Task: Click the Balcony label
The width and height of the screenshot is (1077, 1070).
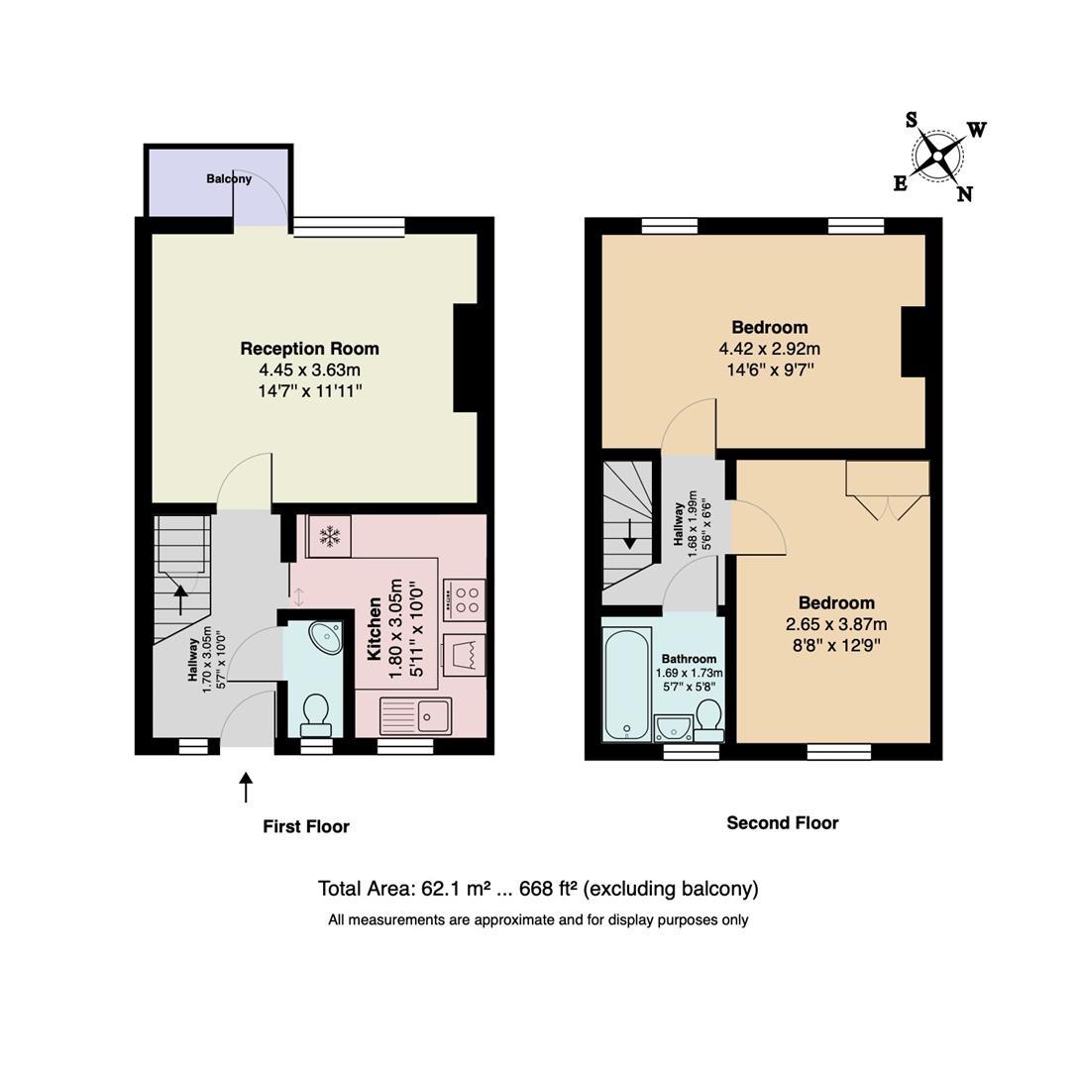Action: [229, 178]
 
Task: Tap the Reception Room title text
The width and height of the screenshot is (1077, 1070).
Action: [310, 348]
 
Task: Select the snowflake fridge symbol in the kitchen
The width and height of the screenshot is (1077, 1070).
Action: [330, 536]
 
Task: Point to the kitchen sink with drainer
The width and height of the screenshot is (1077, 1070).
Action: [415, 715]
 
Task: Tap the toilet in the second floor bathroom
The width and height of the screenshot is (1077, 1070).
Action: [708, 720]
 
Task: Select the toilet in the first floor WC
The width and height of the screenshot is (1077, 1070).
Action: [317, 715]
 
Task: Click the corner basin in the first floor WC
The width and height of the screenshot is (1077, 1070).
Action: [325, 638]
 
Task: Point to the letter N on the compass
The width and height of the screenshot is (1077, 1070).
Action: [965, 194]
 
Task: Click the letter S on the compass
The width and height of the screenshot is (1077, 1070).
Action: [912, 120]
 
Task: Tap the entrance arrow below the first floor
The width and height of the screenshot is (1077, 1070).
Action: [245, 787]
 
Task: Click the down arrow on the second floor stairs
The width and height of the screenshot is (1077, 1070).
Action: [629, 534]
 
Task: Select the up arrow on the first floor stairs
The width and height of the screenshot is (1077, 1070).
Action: [180, 598]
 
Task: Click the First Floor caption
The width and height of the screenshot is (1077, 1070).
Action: [306, 826]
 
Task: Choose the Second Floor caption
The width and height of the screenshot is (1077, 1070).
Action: [783, 822]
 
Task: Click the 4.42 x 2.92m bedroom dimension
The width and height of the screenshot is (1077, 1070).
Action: [769, 349]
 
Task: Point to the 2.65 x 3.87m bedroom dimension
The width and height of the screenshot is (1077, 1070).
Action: [836, 624]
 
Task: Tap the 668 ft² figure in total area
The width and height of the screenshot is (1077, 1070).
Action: [548, 889]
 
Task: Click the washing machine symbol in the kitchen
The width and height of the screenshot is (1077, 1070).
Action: [465, 655]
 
